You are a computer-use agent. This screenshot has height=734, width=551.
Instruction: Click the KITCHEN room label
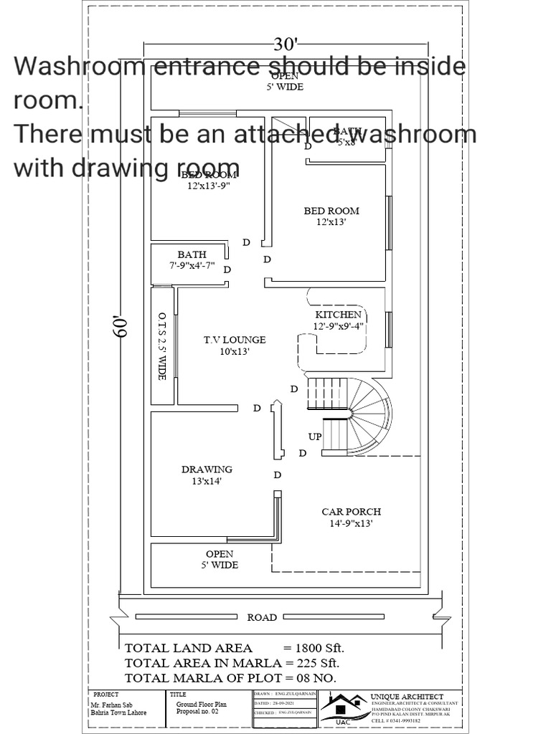pyautogui.click(x=338, y=315)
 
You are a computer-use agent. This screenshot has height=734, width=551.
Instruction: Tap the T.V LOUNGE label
pyautogui.click(x=224, y=340)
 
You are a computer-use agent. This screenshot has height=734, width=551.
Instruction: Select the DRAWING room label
pyautogui.click(x=207, y=470)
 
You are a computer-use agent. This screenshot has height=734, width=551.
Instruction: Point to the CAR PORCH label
pyautogui.click(x=351, y=512)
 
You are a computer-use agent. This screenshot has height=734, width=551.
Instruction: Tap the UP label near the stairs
pyautogui.click(x=315, y=437)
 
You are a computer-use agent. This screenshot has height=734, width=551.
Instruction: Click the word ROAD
pyautogui.click(x=262, y=617)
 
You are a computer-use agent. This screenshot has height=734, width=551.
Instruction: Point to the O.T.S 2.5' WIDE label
pyautogui.click(x=162, y=346)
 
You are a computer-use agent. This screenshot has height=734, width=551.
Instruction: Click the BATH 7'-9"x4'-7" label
pyautogui.click(x=192, y=260)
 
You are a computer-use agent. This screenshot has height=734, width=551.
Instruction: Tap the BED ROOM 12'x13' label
pyautogui.click(x=331, y=216)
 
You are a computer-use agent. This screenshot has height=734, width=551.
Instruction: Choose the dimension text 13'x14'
pyautogui.click(x=207, y=481)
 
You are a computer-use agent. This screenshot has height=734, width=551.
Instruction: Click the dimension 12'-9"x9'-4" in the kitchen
pyautogui.click(x=339, y=326)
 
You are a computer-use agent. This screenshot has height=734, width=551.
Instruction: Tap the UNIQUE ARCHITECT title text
pyautogui.click(x=406, y=696)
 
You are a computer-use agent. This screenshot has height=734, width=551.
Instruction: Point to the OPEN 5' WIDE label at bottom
pyautogui.click(x=220, y=559)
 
